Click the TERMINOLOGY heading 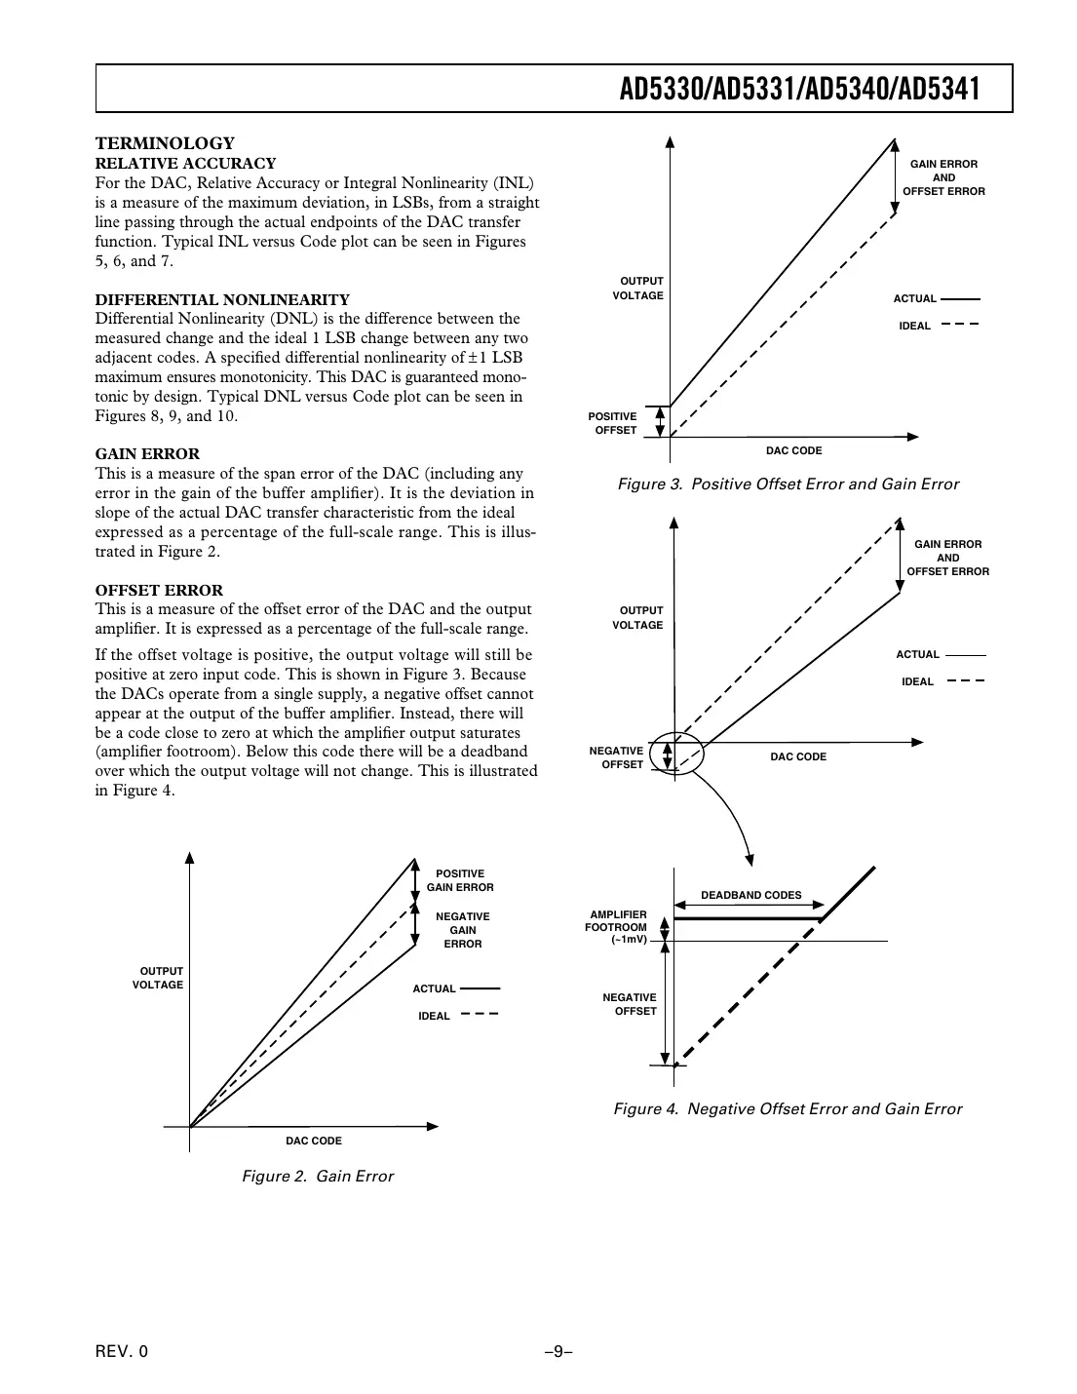165,143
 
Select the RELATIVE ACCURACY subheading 185,163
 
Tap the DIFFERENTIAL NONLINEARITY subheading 222,299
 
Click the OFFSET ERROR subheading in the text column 159,590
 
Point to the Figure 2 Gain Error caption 318,1176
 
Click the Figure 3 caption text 788,484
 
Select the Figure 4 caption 788,1108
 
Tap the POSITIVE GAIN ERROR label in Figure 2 460,880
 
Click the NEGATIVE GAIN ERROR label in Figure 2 462,930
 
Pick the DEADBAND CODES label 750,895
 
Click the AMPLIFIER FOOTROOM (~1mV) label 617,927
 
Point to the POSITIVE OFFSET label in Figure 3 613,423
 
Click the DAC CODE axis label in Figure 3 793,450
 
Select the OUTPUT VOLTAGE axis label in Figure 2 159,978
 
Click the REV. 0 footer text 122,1351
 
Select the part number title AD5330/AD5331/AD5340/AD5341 799,90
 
